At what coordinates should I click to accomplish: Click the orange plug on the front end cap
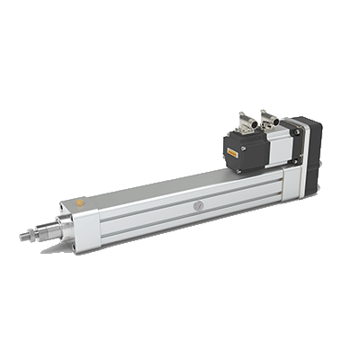79,204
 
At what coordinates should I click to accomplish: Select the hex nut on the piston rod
39,233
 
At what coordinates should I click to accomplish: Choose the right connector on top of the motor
268,115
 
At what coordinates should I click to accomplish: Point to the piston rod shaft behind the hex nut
47,230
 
